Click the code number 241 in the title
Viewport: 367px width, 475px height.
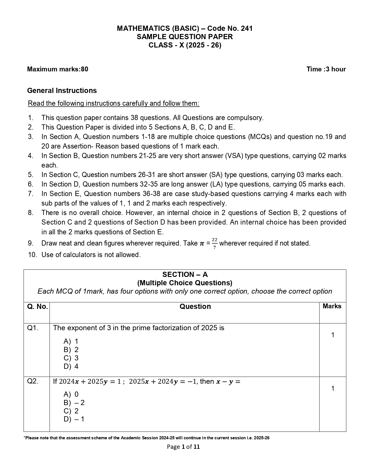point(247,29)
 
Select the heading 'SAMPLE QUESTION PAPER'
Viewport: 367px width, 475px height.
point(185,37)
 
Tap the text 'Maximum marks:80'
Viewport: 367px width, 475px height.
point(58,69)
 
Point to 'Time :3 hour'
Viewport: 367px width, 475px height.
point(326,69)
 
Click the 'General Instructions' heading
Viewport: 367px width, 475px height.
point(62,91)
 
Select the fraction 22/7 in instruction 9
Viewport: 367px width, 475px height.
point(215,243)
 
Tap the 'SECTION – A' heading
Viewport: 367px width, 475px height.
point(185,274)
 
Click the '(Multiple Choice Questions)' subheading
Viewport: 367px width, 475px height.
point(185,283)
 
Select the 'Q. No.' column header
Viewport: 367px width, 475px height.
point(37,307)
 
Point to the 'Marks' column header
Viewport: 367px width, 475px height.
point(332,306)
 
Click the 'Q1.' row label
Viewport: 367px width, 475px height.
point(33,328)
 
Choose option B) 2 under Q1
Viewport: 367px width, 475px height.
point(71,350)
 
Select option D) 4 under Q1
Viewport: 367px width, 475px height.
point(71,366)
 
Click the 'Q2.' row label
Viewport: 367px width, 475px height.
point(33,381)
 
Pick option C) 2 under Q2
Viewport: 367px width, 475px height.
point(71,411)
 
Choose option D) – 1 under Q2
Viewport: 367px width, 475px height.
point(74,419)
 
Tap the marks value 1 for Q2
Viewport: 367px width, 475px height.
point(333,389)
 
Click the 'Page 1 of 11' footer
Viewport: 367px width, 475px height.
point(183,447)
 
